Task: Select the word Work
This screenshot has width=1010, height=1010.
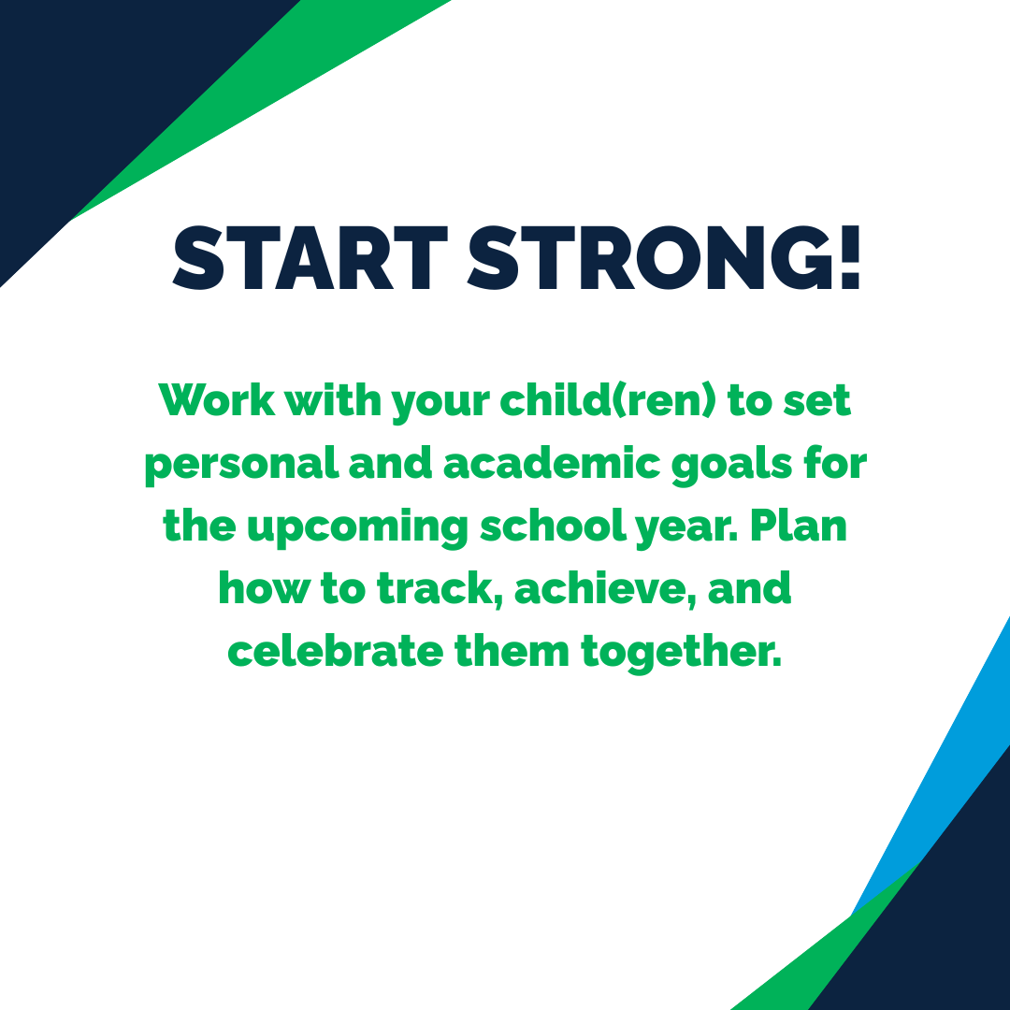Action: coord(216,401)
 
